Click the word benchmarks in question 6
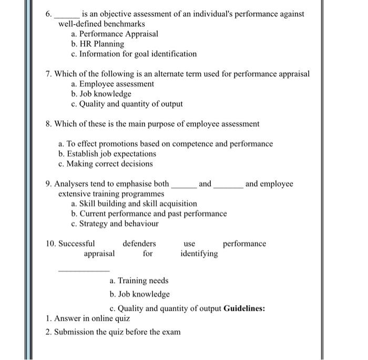pos(124,24)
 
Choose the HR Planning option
pos(98,44)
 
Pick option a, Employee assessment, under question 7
pos(113,84)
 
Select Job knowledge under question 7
pos(101,94)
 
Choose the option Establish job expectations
pos(107,154)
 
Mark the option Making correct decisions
pos(106,164)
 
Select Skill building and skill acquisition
pos(134,204)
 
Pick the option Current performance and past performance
pos(149,214)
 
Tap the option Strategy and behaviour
pos(115,224)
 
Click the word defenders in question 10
pos(139,244)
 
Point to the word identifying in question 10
pos(199,254)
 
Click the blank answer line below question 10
pos(84,271)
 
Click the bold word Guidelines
pos(244,308)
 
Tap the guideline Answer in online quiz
pos(88,318)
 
